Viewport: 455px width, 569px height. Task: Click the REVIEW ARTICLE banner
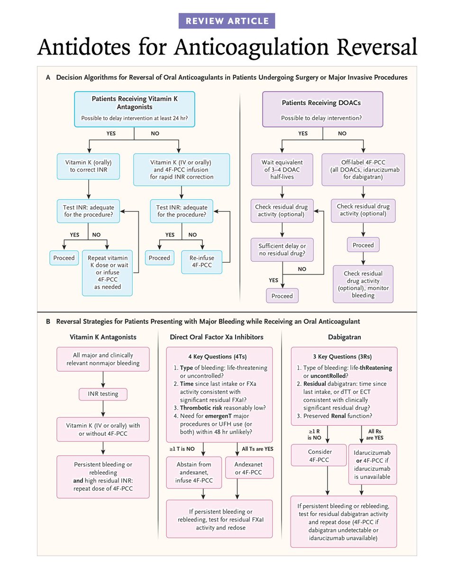[227, 21]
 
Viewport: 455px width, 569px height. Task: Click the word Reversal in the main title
[377, 47]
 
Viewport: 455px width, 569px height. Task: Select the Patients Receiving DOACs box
[323, 109]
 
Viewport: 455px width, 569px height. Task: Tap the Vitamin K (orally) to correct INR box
[88, 166]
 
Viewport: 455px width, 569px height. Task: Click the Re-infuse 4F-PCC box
[202, 262]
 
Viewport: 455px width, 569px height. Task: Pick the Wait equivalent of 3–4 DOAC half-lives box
[282, 169]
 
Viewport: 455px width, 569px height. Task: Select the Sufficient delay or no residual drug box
[282, 249]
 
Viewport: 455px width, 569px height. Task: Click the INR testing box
[103, 394]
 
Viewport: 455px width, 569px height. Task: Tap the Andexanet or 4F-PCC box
[249, 468]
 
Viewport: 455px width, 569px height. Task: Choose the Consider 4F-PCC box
[319, 456]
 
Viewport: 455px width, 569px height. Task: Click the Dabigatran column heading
[344, 337]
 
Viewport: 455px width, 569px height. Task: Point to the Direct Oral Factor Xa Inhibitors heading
[217, 337]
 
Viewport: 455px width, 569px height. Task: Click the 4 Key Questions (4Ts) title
[218, 357]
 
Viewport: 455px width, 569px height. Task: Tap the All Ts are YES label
[257, 449]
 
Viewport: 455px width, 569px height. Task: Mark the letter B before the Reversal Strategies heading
[48, 321]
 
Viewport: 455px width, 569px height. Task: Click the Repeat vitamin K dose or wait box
[107, 273]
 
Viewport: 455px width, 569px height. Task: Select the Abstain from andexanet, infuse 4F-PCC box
[194, 472]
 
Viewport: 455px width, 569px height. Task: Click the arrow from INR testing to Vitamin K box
[103, 409]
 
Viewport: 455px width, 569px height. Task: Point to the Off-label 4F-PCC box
[363, 169]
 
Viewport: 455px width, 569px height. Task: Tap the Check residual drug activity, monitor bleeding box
[363, 284]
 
